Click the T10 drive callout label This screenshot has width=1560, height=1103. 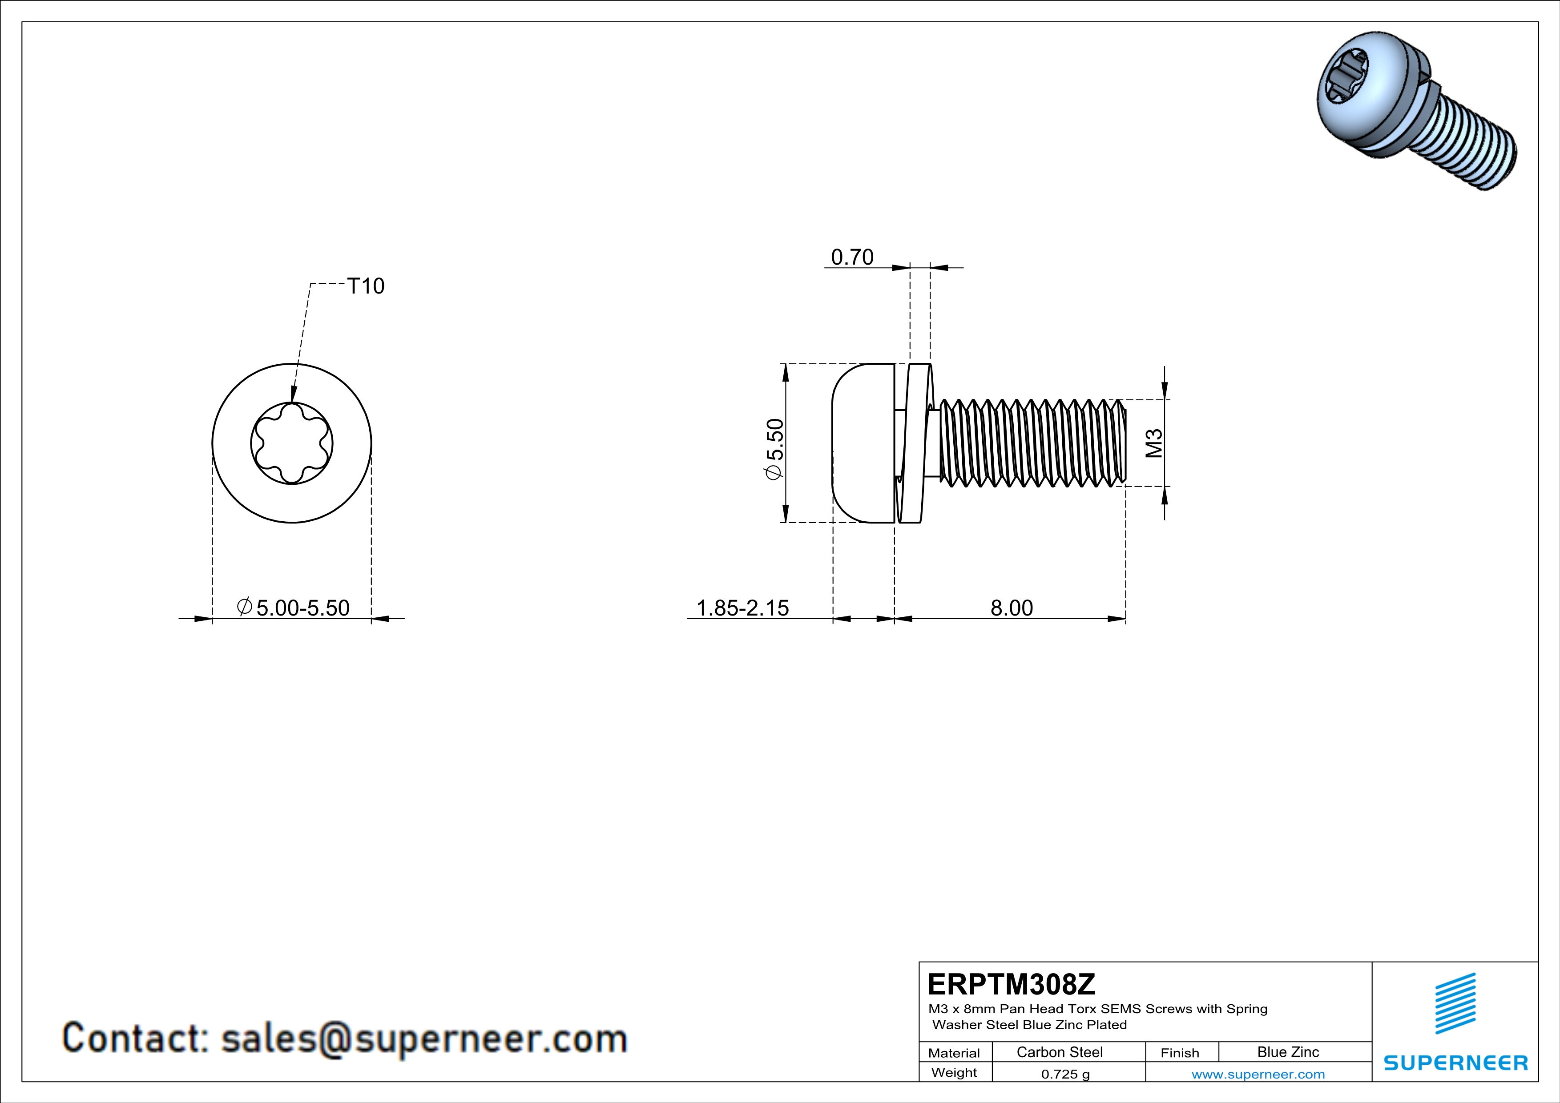point(366,286)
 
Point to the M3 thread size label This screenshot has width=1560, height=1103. point(1154,443)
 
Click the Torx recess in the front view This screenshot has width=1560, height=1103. point(291,443)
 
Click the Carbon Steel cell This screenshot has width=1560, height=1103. point(1059,1052)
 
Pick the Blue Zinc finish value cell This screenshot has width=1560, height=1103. point(1287,1052)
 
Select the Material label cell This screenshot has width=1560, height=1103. point(954,1053)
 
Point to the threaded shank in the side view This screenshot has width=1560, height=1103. point(1033,443)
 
